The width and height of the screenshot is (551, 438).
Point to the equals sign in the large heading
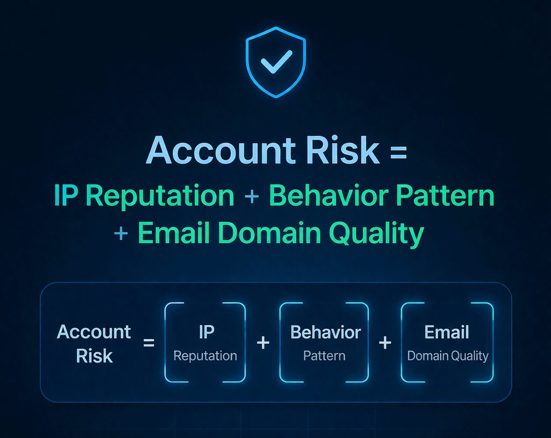(x=396, y=152)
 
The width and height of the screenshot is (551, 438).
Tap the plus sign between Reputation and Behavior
(x=251, y=197)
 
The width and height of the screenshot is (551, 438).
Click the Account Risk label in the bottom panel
(x=94, y=343)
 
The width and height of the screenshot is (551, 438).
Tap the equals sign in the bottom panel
(x=149, y=342)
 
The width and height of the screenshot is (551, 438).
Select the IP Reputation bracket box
(x=205, y=342)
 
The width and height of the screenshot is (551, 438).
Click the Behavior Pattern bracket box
(x=324, y=342)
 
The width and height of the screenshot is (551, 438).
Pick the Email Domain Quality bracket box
(x=447, y=342)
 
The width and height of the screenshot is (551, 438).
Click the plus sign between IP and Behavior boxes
(x=263, y=342)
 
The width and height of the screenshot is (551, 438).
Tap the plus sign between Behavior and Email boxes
(x=385, y=342)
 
